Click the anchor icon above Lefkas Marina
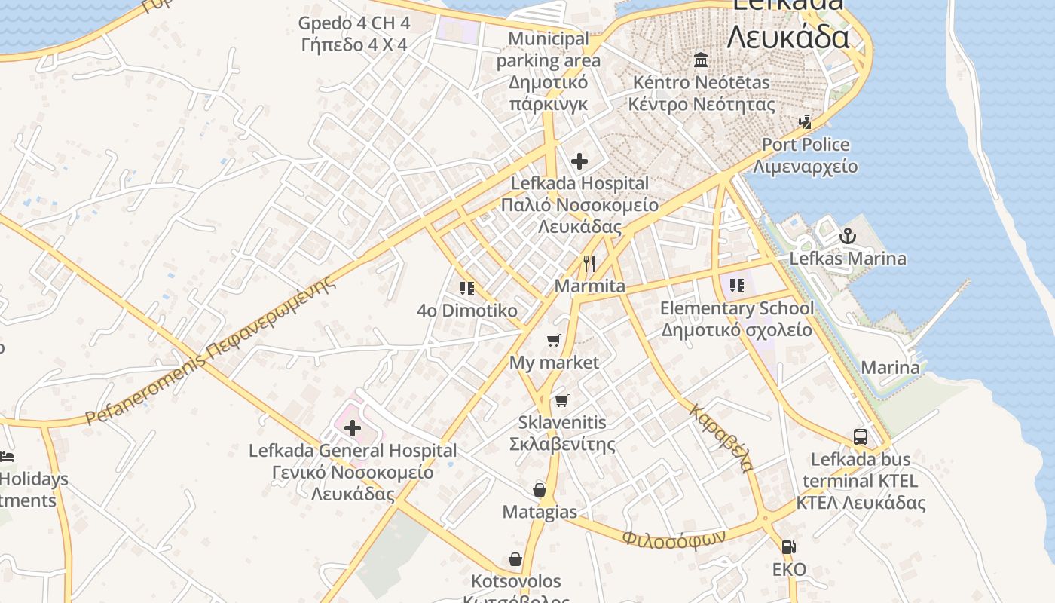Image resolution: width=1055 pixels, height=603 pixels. tap(848, 236)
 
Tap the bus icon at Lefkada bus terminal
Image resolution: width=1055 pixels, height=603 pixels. tap(861, 436)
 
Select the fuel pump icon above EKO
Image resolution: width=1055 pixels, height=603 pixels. tap(788, 547)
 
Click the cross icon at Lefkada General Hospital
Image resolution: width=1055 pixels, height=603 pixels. tap(352, 429)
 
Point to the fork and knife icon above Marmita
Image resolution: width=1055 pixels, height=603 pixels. tap(589, 264)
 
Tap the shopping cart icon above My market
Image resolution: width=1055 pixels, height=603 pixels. tap(554, 340)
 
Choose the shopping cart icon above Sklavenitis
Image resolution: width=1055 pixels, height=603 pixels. tap(561, 400)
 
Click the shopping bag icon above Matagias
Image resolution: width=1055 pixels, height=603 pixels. tap(540, 490)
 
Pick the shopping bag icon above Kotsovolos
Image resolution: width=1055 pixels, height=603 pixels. tap(515, 559)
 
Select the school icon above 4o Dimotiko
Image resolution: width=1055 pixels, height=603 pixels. tap(466, 288)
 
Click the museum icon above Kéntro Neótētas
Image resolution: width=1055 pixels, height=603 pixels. tap(702, 60)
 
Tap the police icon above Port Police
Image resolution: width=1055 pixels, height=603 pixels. tap(806, 121)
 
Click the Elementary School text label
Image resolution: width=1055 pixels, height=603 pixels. tap(737, 308)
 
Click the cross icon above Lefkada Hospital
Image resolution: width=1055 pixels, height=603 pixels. tap(579, 161)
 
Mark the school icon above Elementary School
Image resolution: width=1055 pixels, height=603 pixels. tap(736, 285)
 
